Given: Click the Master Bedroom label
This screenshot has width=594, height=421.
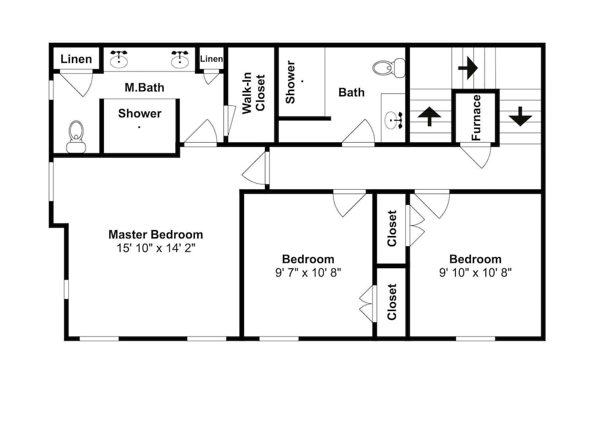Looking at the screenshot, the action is pos(156,234).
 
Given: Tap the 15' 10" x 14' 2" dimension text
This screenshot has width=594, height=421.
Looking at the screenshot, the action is pos(156,249).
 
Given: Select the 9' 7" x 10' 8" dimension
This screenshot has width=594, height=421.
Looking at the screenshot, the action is pos(308,273).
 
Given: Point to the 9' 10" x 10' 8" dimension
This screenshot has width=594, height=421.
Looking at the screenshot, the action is pos(475,273).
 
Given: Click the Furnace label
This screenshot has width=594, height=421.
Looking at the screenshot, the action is pos(476,118).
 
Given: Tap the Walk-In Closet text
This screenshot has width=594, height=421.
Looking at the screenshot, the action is pos(254,93).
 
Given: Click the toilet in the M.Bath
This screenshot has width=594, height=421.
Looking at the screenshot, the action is pos(76,137).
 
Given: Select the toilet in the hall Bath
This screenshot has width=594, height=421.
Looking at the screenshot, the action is pos(389,68).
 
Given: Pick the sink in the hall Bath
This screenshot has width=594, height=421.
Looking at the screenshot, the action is pos(394,121).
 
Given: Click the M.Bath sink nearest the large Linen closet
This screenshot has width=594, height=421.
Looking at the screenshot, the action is pos(119,58).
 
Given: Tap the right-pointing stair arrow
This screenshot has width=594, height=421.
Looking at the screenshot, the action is pos(468,68).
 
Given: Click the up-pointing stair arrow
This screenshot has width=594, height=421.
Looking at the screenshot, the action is pos(429,116).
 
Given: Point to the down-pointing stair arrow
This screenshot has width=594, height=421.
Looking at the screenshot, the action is pos(520,117).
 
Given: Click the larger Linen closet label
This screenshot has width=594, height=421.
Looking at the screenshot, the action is pos(76,59).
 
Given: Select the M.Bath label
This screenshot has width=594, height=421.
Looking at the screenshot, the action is pos(145,87).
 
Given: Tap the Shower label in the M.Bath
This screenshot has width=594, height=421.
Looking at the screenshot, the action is pos(140,114).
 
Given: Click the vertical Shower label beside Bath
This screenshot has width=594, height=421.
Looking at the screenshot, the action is pos(290,82).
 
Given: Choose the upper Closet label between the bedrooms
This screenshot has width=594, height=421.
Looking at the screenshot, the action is pos(391,228).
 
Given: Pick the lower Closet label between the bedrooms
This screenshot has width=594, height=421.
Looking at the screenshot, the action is pos(391,302).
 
